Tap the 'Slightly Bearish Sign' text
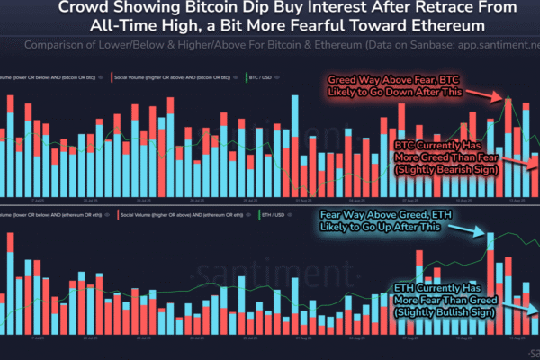[x=445, y=169]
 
